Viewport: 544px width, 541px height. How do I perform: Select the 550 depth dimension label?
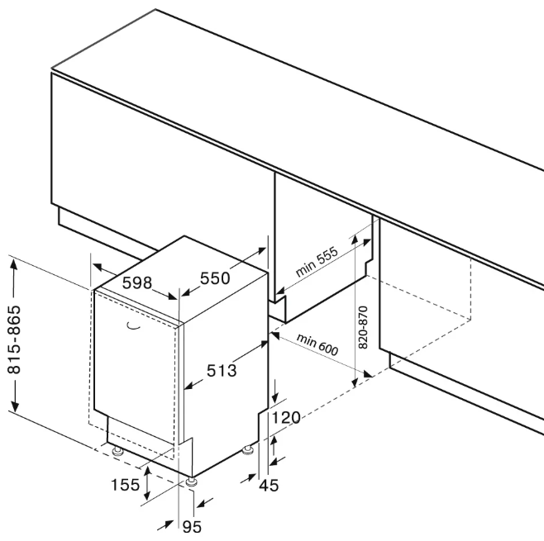coord(214,279)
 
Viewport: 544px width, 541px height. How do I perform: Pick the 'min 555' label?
coord(317,263)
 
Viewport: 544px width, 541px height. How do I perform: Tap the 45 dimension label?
coord(268,486)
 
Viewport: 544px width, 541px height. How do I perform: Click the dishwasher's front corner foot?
coord(192,482)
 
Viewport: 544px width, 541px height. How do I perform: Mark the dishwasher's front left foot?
coord(118,451)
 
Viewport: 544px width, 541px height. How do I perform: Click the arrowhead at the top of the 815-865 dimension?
coord(13,263)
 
